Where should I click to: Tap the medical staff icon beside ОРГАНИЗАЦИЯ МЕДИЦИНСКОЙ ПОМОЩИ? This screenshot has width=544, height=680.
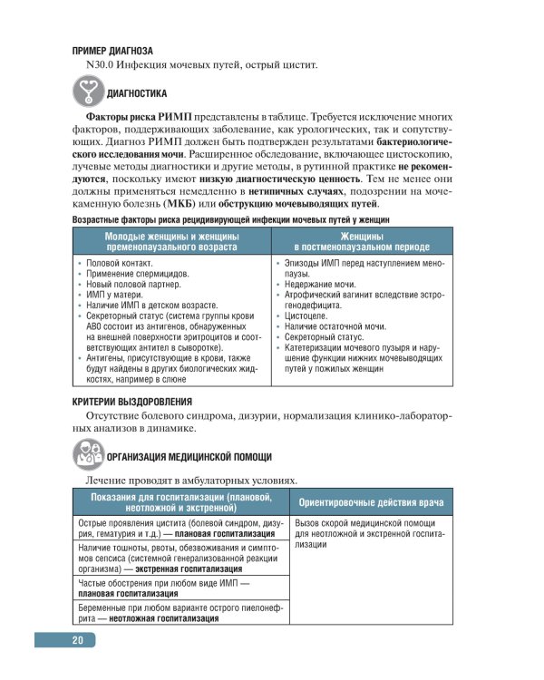(x=87, y=456)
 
